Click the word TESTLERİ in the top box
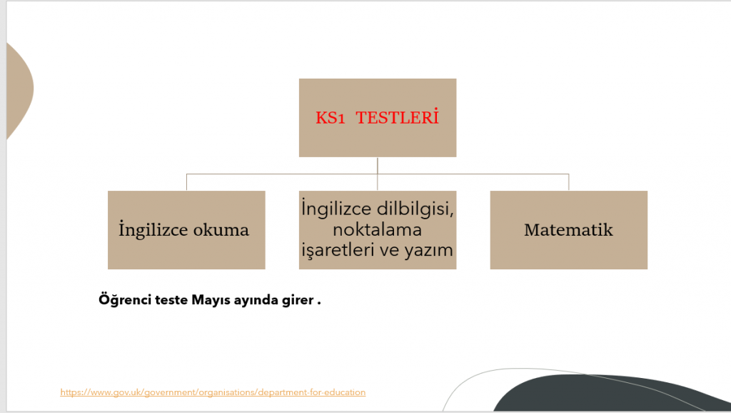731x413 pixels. [x=397, y=118]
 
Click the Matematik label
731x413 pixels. [x=568, y=230]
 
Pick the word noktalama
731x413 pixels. [x=378, y=230]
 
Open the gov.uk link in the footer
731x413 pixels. [x=213, y=392]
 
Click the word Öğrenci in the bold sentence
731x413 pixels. [x=122, y=300]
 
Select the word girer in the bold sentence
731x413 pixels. [x=298, y=300]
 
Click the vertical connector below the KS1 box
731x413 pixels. [x=378, y=165]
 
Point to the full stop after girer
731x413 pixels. [x=318, y=301]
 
